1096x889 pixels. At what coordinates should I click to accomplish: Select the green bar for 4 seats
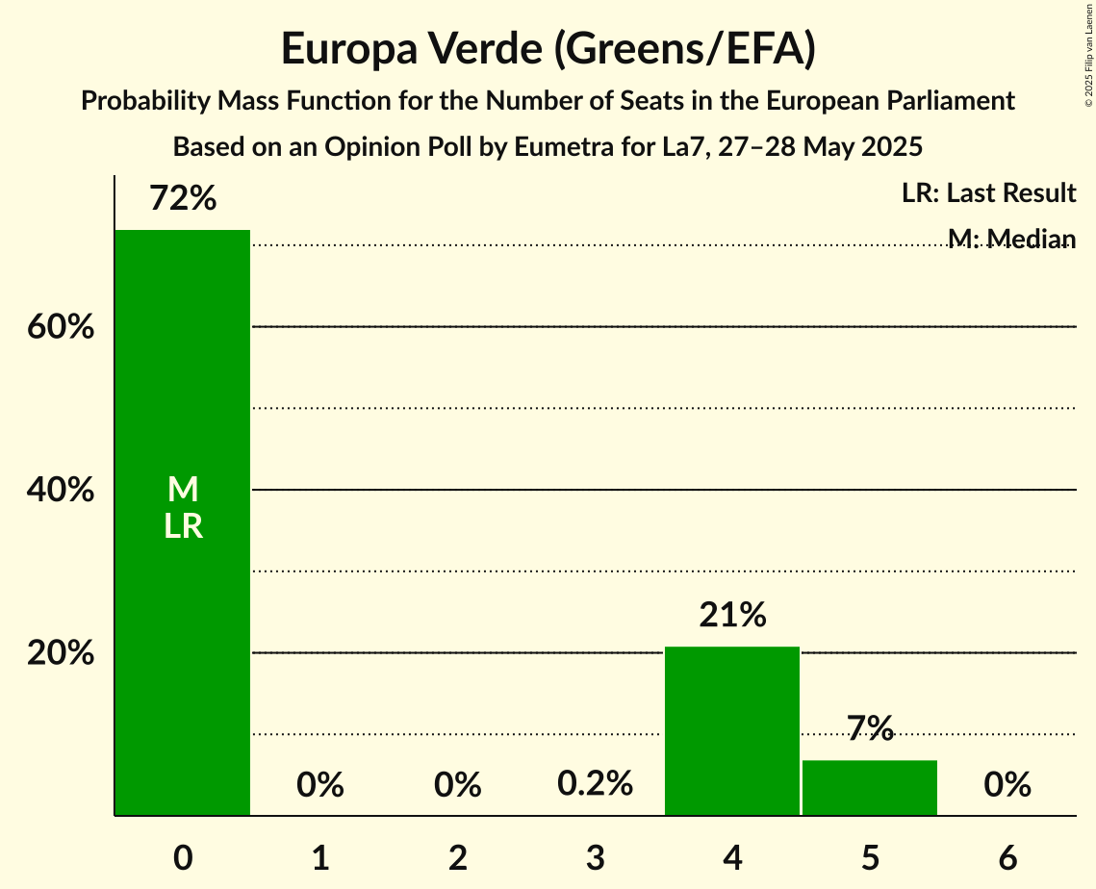tap(732, 731)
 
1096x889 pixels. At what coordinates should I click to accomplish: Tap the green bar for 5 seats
tap(870, 788)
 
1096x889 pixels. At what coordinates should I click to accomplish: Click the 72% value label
tap(183, 199)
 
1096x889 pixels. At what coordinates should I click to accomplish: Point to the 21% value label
tap(732, 615)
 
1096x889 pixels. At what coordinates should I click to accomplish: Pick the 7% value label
tap(870, 729)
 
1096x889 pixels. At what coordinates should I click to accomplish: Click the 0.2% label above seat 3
tap(595, 784)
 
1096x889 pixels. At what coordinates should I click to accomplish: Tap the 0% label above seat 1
tap(320, 785)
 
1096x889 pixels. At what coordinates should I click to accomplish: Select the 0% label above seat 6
tap(1007, 785)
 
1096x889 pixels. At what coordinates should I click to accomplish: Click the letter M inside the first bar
tap(183, 490)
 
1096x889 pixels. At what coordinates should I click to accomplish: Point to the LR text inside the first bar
tap(183, 526)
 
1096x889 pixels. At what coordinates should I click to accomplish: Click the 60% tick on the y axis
tap(61, 327)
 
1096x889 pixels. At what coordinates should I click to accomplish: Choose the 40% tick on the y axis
tap(61, 491)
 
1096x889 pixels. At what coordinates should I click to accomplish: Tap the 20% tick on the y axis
tap(61, 653)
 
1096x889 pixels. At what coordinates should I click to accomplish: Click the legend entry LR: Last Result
tap(988, 193)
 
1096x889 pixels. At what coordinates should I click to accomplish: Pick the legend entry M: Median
tap(1011, 239)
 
